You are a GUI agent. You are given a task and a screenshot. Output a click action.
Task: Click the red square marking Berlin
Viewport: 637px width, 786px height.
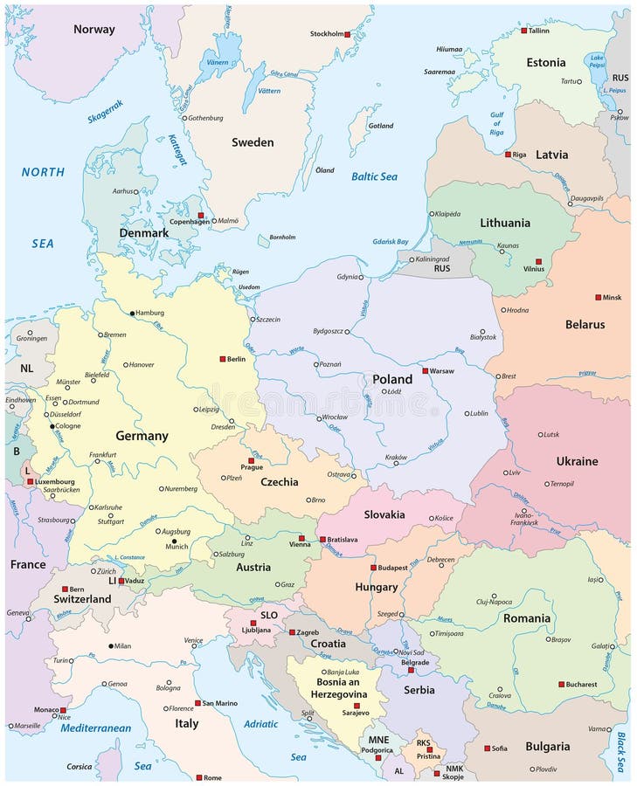223,359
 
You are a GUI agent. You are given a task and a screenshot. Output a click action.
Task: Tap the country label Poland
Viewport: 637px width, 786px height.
392,379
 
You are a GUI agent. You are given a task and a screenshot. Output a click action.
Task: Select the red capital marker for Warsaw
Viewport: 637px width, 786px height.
426,371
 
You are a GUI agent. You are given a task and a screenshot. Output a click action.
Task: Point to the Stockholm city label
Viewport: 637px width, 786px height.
326,34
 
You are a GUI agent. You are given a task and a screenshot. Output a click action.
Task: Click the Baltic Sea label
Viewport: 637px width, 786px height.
374,176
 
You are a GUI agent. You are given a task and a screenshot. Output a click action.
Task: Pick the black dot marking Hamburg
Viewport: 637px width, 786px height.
133,313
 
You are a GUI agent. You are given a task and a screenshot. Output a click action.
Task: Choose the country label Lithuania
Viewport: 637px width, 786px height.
504,223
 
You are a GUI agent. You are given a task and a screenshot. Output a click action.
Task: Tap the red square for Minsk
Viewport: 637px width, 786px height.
599,297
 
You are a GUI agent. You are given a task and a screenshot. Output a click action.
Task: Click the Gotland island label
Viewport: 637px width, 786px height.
381,126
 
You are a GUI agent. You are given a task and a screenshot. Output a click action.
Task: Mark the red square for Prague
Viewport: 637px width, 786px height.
251,460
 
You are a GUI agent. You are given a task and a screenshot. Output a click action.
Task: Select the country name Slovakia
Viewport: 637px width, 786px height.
384,514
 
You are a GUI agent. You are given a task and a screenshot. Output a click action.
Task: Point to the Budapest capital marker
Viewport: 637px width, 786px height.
373,568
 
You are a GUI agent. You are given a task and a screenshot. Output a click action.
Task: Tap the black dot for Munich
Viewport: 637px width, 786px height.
173,541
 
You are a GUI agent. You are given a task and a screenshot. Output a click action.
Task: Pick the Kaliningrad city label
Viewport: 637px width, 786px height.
435,259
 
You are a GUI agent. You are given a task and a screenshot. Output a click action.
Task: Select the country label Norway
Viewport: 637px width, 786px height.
93,29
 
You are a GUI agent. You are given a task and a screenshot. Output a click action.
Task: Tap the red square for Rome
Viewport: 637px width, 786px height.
199,777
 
